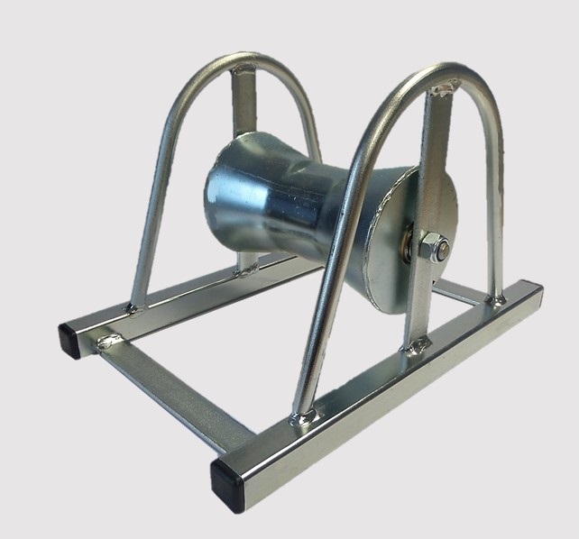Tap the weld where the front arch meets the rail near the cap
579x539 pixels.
click(306, 416)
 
